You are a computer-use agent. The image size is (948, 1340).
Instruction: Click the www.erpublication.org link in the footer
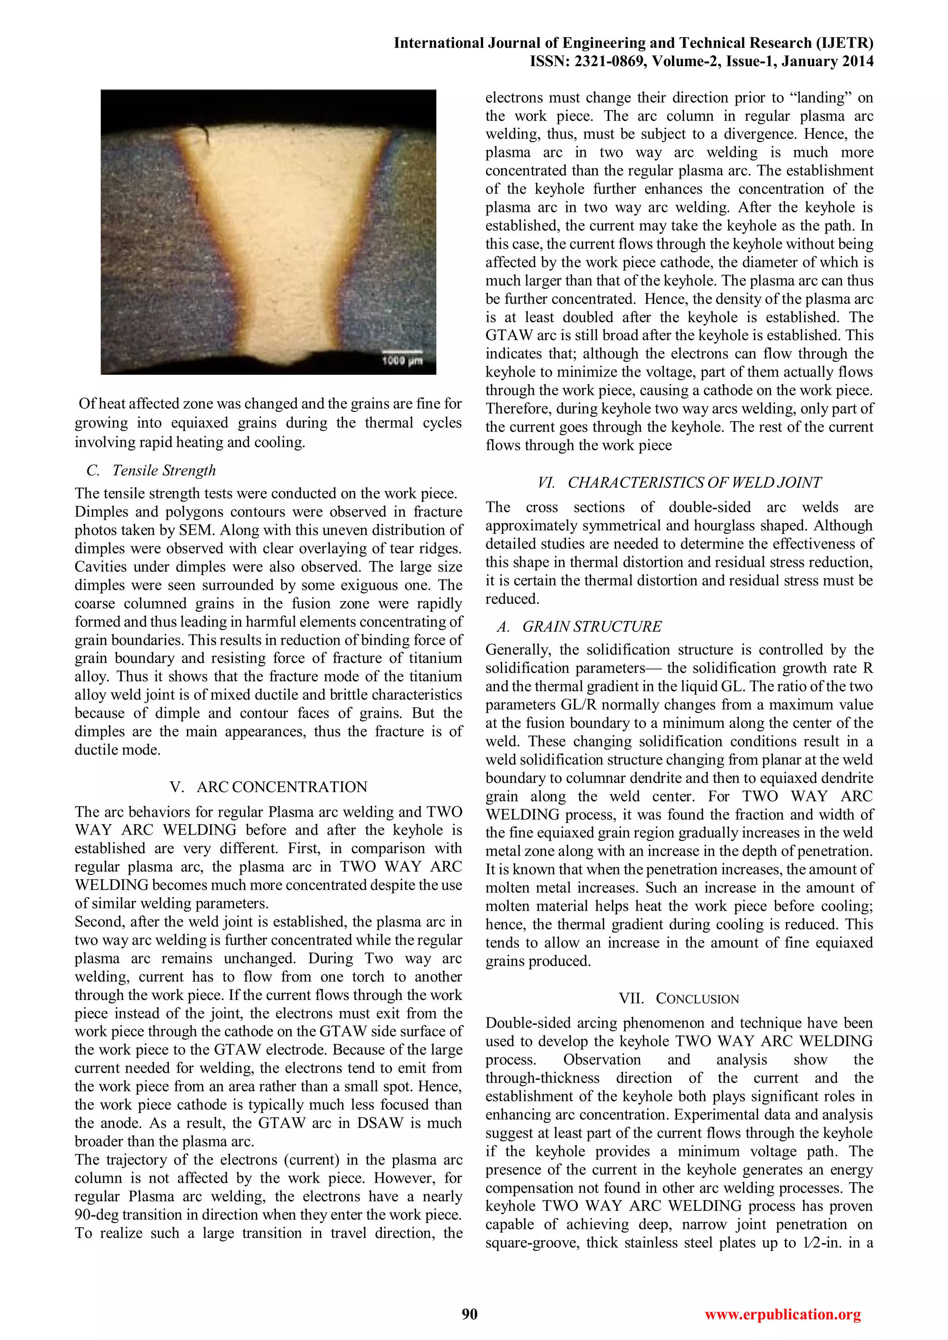pyautogui.click(x=783, y=1315)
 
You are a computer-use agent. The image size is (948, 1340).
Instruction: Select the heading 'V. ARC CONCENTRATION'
pyautogui.click(x=268, y=787)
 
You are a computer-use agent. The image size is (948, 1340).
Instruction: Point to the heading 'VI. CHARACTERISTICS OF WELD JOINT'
pyautogui.click(x=679, y=483)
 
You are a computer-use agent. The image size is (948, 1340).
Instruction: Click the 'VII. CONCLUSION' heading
pyautogui.click(x=679, y=999)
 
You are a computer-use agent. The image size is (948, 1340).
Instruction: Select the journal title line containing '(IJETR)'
pyautogui.click(x=633, y=43)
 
